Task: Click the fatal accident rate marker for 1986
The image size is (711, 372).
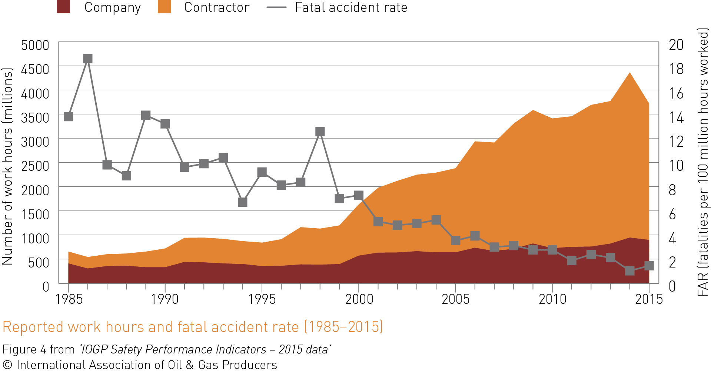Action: tap(87, 59)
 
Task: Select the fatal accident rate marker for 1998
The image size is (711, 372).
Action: tap(320, 132)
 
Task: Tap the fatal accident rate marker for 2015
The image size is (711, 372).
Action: tap(649, 266)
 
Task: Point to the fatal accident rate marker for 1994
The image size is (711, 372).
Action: tap(243, 202)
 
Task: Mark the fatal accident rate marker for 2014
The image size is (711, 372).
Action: tap(629, 271)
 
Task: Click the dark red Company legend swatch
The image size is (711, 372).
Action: tap(63, 7)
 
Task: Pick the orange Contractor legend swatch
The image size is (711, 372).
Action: tap(165, 7)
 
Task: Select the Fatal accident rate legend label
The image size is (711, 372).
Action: tap(351, 7)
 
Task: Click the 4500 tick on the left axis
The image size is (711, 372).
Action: tap(35, 69)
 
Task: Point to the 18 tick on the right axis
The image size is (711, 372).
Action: tap(676, 69)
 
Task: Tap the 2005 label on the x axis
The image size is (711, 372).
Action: tap(455, 299)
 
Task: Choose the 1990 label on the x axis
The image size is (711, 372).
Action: tap(165, 299)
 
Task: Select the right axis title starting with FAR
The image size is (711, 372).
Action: tap(703, 162)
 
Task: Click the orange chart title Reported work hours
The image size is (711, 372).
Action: tap(193, 327)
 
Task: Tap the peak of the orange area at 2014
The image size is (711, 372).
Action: tap(629, 73)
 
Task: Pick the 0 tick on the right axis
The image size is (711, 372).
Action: tap(672, 286)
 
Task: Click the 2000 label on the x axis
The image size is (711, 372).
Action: tap(359, 299)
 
